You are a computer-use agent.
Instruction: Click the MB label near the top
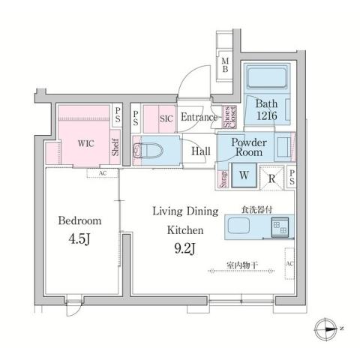click(225, 65)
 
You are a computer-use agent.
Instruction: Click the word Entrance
click(198, 117)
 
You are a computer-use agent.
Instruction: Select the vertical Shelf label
click(115, 146)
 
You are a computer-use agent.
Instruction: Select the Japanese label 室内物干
click(243, 264)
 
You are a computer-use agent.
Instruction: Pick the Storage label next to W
click(223, 178)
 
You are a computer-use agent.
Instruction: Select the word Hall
click(200, 151)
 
